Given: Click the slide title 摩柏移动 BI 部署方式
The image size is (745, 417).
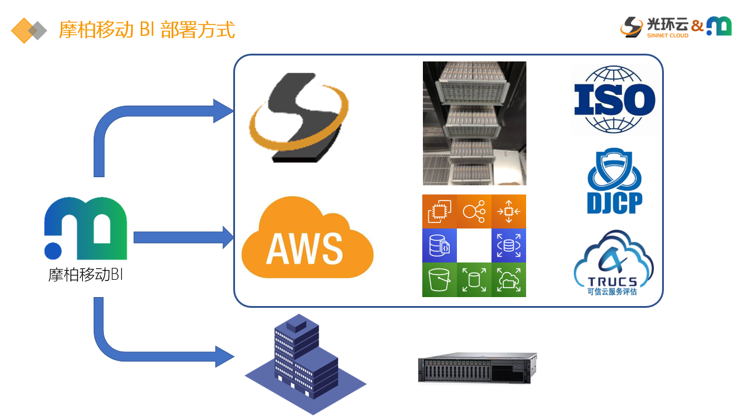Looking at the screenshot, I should point(146,30).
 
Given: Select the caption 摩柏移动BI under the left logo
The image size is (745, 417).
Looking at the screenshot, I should point(86,275).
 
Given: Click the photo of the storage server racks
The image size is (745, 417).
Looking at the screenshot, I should point(474,123).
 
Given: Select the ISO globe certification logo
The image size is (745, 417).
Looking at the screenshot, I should point(614,100).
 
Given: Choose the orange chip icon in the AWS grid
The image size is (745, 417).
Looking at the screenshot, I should point(439,211).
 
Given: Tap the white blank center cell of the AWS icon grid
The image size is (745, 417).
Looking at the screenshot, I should point(474,245).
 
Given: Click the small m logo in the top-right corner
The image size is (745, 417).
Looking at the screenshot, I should point(719,26).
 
